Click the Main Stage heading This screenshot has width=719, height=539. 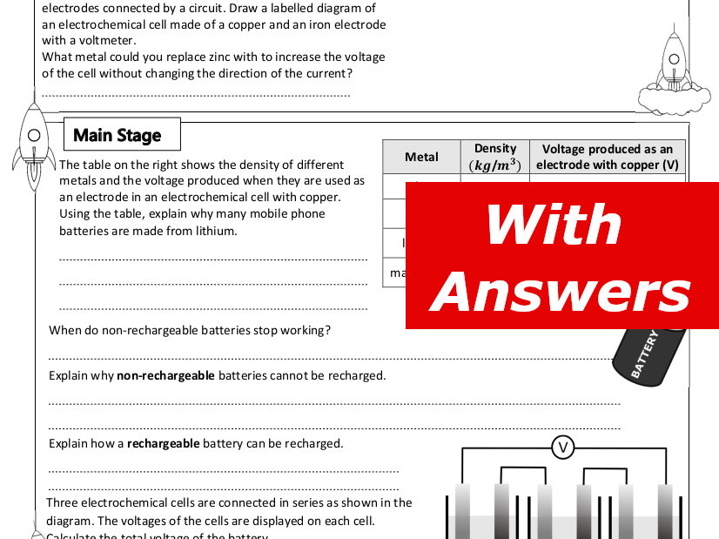118,135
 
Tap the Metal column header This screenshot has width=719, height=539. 421,157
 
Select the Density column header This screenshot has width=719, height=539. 495,157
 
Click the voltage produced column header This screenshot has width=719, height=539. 607,157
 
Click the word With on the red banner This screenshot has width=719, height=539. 554,225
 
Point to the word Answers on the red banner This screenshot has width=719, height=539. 561,293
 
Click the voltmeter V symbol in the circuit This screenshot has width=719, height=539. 562,448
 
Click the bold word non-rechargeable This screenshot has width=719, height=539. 165,375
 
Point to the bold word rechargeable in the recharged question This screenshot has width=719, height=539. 163,443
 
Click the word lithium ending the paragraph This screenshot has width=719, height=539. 217,231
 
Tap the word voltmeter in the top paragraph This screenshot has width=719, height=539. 109,40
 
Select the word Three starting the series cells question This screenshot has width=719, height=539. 62,502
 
